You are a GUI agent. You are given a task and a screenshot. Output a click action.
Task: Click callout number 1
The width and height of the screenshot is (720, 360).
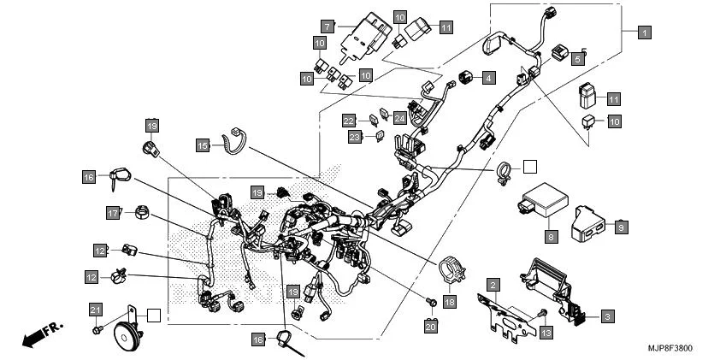point(645,32)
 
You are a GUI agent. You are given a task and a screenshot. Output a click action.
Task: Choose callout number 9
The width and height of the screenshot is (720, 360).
point(621,226)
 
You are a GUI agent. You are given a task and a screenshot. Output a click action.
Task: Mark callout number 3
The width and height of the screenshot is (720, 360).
point(606,316)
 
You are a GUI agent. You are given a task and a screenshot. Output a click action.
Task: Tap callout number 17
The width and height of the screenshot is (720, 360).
point(113,213)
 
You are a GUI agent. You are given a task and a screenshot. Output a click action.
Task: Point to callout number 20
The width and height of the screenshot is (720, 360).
point(431,325)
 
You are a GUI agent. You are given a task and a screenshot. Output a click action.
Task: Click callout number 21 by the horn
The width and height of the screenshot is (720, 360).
point(96,309)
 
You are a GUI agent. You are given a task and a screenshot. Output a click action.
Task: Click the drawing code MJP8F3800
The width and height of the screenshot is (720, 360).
point(676,350)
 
